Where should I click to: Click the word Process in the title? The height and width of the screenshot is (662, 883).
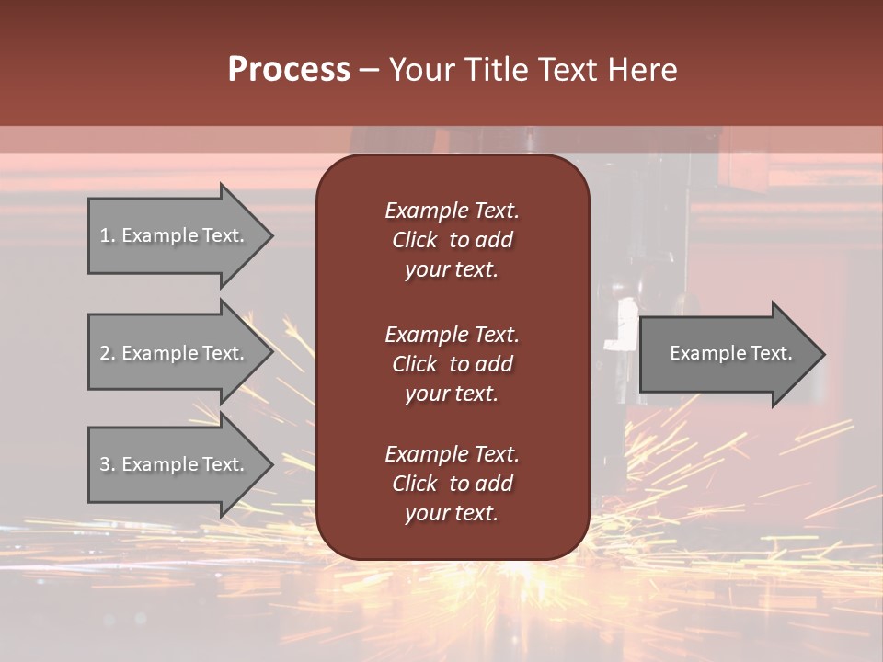289,70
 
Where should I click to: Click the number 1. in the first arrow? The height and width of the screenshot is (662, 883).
108,235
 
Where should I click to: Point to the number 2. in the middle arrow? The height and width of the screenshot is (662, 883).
108,353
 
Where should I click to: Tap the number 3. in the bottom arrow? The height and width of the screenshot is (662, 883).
108,464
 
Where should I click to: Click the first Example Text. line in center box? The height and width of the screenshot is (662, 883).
452,211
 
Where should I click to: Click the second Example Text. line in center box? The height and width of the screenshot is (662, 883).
452,334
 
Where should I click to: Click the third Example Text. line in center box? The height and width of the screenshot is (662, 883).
452,454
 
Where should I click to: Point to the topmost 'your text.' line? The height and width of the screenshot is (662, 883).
452,270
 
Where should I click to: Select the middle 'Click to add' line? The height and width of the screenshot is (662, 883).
452,364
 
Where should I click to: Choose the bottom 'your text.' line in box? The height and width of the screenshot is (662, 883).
452,514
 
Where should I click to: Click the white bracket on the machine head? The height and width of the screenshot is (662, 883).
626,321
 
